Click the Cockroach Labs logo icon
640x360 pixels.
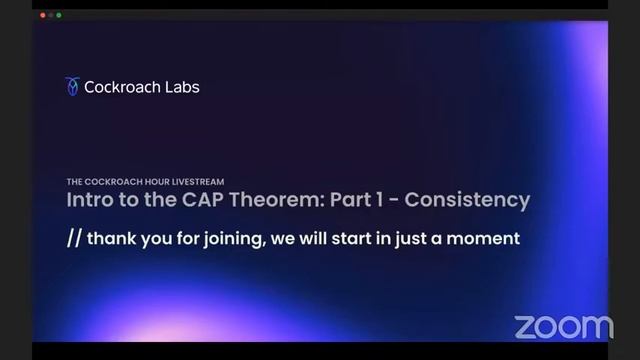pyautogui.click(x=72, y=87)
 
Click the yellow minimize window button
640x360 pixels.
pyautogui.click(x=50, y=15)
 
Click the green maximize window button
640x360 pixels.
pyautogui.click(x=59, y=15)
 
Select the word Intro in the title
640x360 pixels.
pyautogui.click(x=90, y=200)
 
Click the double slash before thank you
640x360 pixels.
pyautogui.click(x=74, y=239)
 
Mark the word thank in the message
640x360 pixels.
pyautogui.click(x=111, y=239)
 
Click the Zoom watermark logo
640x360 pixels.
pyautogui.click(x=563, y=326)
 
